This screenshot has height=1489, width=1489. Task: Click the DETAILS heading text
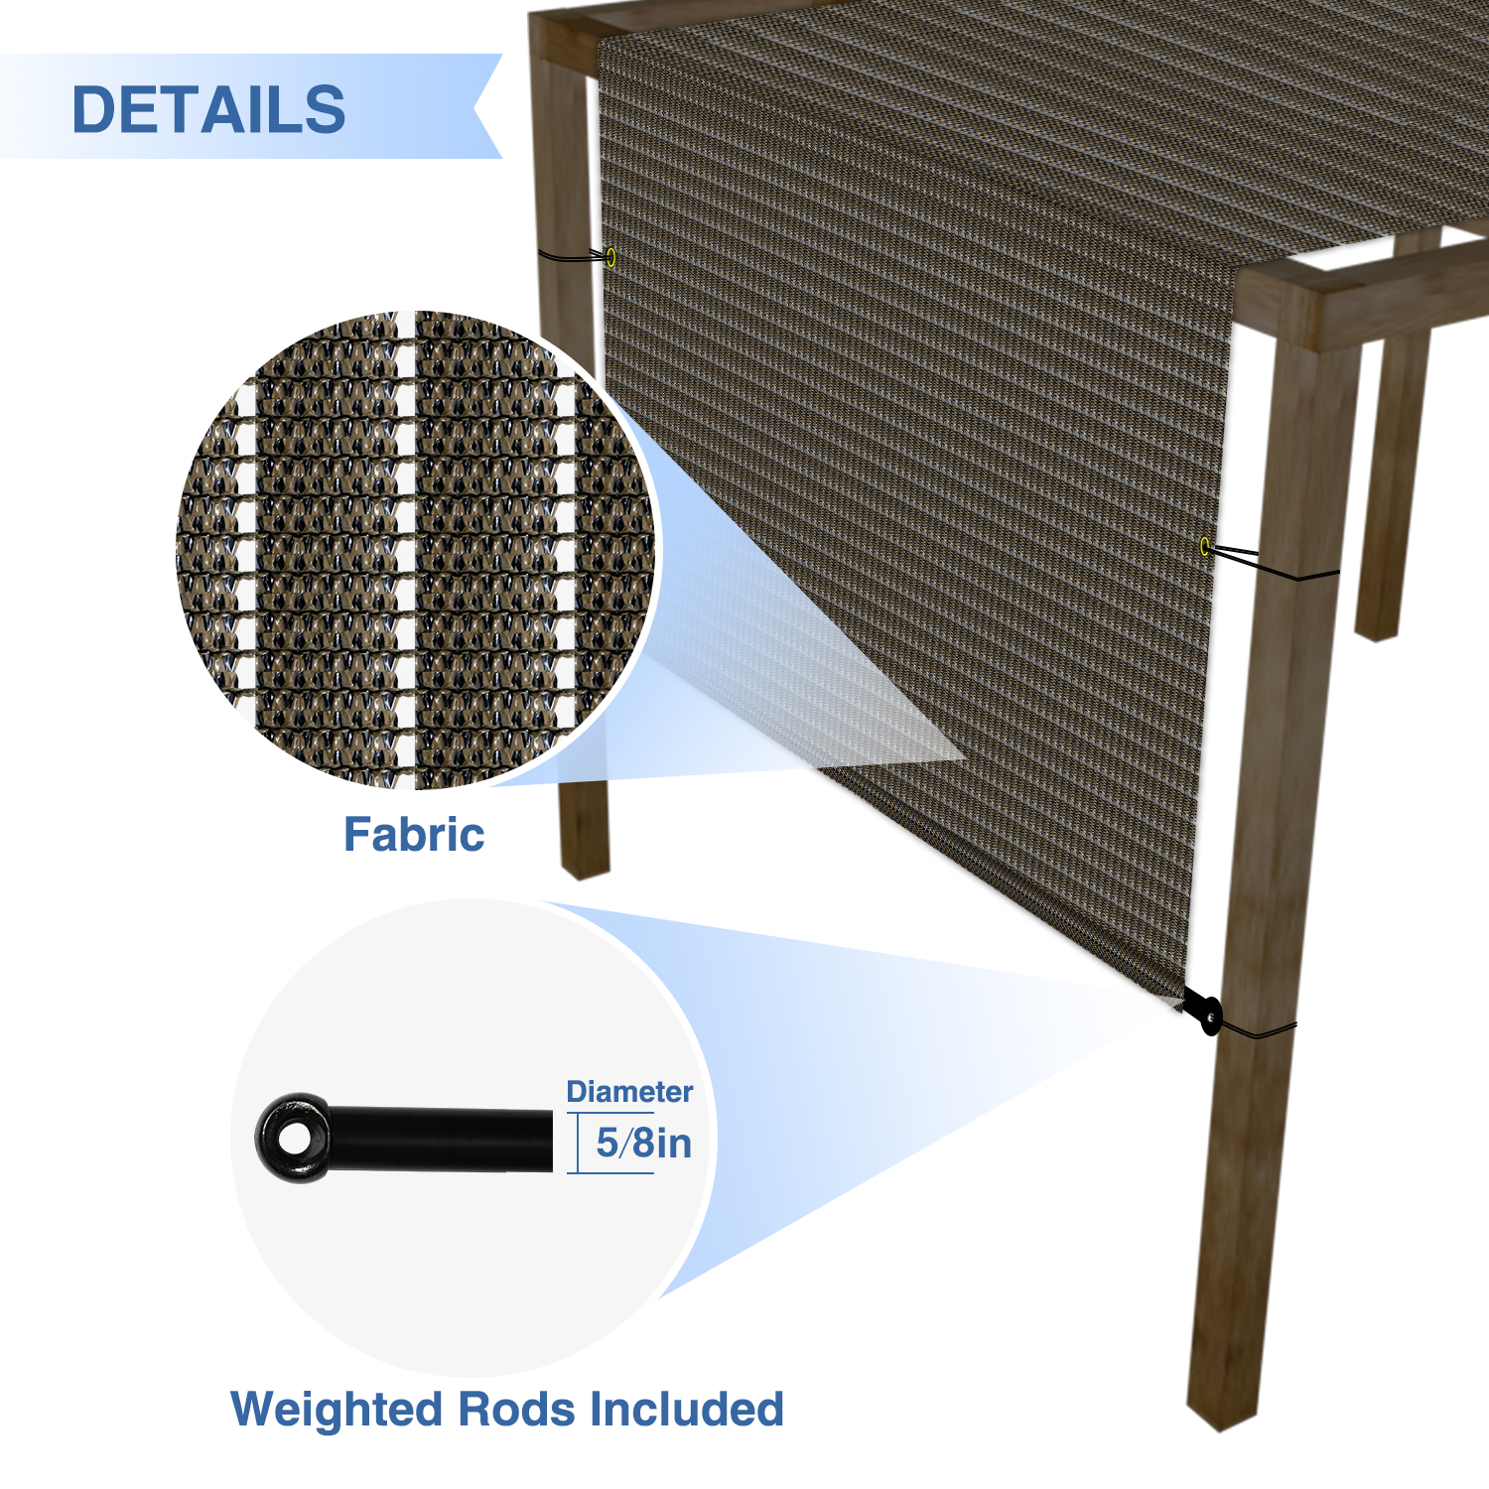click(208, 109)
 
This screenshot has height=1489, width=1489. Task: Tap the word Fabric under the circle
click(414, 835)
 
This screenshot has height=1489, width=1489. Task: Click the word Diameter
click(629, 1092)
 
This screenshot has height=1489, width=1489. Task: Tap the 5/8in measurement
click(643, 1144)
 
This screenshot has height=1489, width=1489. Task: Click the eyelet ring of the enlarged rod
click(293, 1139)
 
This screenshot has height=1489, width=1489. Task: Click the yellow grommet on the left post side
click(610, 257)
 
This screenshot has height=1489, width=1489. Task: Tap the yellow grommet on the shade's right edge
click(1205, 546)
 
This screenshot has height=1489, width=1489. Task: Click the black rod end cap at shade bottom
click(1209, 1015)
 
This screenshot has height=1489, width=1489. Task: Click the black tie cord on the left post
click(571, 257)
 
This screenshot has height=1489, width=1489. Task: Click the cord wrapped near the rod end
click(1261, 1031)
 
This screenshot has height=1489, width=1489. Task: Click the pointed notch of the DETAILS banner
click(476, 106)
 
